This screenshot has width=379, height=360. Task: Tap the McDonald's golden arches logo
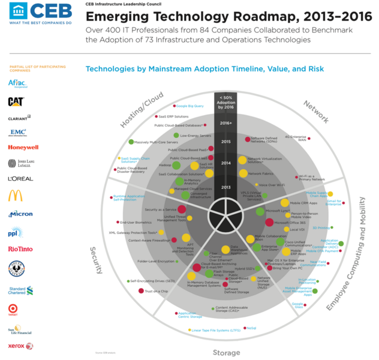(16, 196)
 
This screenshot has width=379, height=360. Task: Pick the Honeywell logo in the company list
(23, 147)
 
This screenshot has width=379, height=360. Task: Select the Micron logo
(20, 214)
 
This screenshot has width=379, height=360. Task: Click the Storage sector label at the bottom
(227, 352)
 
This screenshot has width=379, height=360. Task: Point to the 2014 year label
(225, 163)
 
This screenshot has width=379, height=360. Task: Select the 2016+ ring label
(225, 123)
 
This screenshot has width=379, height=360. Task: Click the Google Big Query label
(190, 106)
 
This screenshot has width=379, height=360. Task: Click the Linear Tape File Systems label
(215, 329)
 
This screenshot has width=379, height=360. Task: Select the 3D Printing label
(321, 228)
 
